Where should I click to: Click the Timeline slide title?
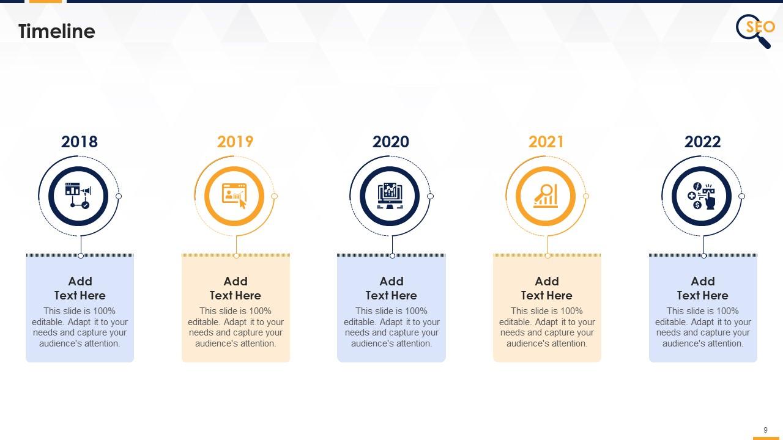click(x=57, y=31)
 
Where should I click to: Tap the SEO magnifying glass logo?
click(x=755, y=31)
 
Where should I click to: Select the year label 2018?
click(x=80, y=142)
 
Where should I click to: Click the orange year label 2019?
click(x=235, y=142)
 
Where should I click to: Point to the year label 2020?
click(x=390, y=142)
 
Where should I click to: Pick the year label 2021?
click(x=546, y=142)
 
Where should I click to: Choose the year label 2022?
click(x=702, y=142)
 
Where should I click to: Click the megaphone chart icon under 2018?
click(x=78, y=196)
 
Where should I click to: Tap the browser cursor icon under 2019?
click(x=234, y=196)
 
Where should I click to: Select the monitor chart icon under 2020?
click(x=390, y=196)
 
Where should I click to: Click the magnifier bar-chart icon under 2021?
click(x=546, y=196)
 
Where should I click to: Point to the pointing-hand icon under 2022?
click(x=702, y=196)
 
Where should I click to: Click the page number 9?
click(x=765, y=430)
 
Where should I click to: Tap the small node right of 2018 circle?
click(x=119, y=196)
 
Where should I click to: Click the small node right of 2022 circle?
click(x=742, y=196)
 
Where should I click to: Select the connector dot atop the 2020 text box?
click(x=392, y=256)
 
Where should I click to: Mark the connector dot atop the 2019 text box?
click(x=237, y=256)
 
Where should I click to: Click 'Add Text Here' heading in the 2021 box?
click(x=547, y=288)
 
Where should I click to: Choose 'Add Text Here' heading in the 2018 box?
click(x=80, y=288)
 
